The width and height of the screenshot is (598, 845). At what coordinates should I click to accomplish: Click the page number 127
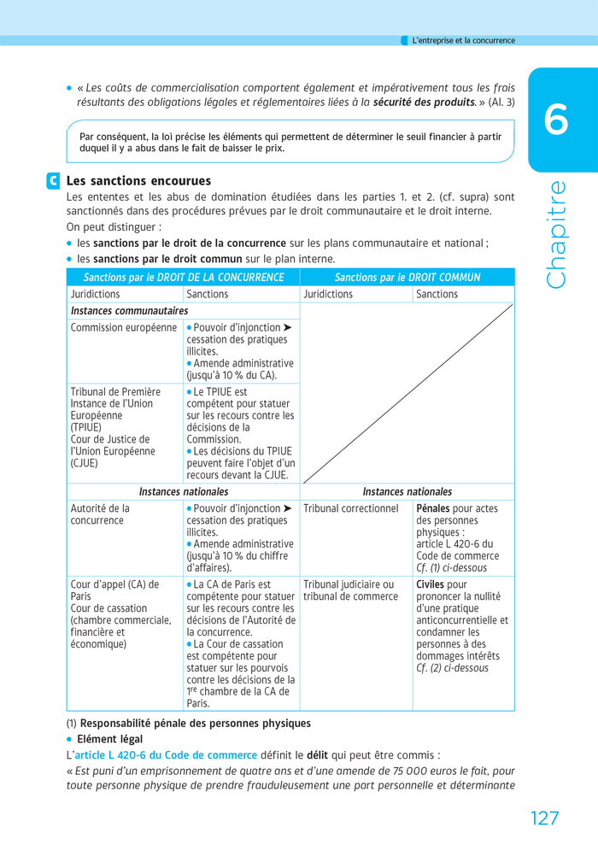pyautogui.click(x=544, y=818)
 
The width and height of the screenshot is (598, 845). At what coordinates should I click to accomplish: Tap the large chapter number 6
pyautogui.click(x=555, y=120)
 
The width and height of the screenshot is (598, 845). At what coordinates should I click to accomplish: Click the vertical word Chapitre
pyautogui.click(x=555, y=234)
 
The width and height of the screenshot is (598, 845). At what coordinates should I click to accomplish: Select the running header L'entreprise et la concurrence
pyautogui.click(x=463, y=40)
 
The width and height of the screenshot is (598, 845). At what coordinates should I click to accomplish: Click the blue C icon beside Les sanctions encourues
pyautogui.click(x=54, y=181)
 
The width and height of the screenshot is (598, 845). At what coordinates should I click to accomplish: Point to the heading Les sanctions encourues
pyautogui.click(x=138, y=181)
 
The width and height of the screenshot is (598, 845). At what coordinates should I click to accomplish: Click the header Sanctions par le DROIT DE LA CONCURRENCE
pyautogui.click(x=183, y=278)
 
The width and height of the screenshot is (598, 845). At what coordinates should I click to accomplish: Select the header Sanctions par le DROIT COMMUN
pyautogui.click(x=407, y=278)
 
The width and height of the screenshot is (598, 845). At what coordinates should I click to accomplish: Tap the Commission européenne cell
pyautogui.click(x=123, y=327)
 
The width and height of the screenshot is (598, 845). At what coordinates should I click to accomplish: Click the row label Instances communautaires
pyautogui.click(x=129, y=311)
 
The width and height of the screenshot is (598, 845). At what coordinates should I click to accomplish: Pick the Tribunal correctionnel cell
pyautogui.click(x=350, y=508)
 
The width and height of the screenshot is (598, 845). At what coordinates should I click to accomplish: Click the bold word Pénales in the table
pyautogui.click(x=433, y=508)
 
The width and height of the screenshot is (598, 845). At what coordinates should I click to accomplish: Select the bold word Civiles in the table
pyautogui.click(x=430, y=584)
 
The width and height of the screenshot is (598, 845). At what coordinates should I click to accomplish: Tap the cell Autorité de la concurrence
pyautogui.click(x=100, y=514)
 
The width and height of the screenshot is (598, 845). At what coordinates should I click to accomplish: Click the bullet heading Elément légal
pyautogui.click(x=109, y=739)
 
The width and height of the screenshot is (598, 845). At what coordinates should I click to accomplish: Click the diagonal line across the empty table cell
pyautogui.click(x=407, y=394)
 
